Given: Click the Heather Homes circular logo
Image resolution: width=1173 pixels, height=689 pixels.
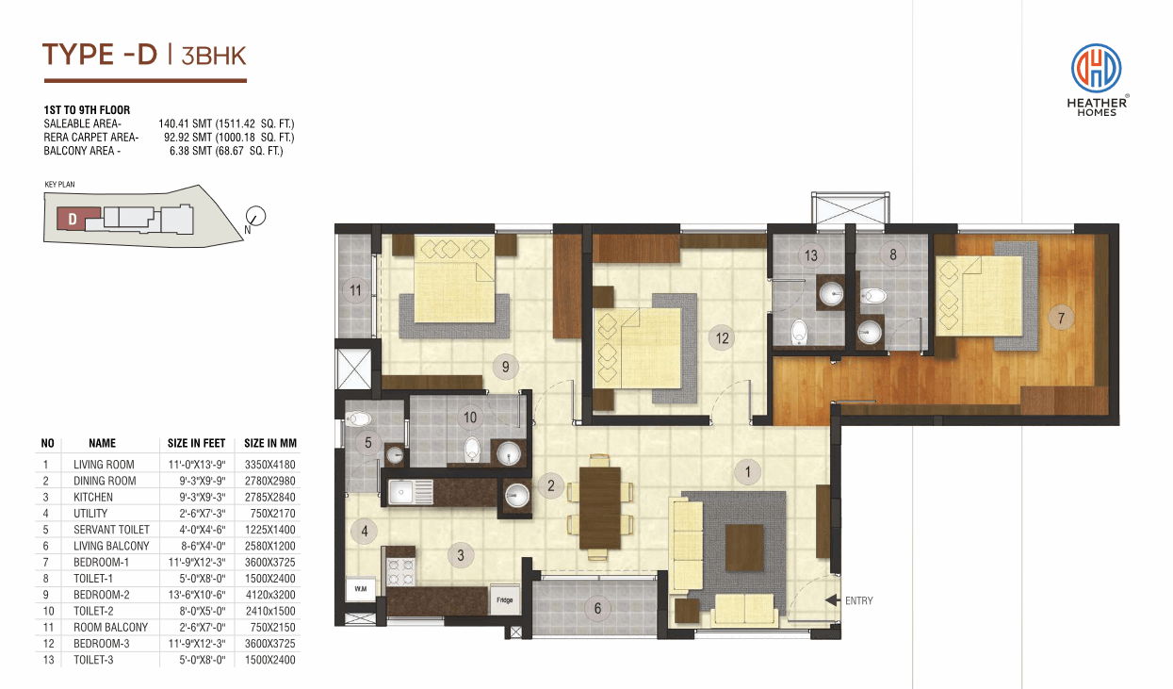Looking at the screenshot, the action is (1096, 68).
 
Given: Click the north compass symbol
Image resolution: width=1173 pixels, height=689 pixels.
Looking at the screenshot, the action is (255, 216).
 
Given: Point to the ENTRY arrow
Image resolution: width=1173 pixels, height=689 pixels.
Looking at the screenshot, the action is (833, 599).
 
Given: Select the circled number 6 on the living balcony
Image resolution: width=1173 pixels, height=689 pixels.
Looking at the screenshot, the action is (597, 608).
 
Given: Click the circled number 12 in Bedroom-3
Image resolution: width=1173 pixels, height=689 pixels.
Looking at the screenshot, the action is (722, 338).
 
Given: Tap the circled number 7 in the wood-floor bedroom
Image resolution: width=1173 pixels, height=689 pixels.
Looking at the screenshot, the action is (1061, 318).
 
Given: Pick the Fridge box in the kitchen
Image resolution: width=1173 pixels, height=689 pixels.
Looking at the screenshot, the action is (505, 599).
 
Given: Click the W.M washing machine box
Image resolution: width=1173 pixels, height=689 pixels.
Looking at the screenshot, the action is (361, 589).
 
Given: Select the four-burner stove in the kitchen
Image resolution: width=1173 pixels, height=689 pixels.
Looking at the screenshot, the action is (400, 571).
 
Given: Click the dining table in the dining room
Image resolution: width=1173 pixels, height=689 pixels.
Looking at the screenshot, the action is (600, 508).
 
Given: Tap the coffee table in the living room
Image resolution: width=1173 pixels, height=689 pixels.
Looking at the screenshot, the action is (744, 548).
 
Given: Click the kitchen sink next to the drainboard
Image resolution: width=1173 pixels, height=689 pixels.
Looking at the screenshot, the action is (401, 493).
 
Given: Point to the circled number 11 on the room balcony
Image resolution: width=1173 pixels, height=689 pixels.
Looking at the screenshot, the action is (355, 290).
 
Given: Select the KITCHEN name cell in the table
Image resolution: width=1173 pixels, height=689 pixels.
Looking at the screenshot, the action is (93, 497).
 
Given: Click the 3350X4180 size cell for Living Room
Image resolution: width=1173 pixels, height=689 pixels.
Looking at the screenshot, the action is (269, 465).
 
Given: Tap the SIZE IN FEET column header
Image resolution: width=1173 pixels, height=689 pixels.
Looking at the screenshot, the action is (196, 443).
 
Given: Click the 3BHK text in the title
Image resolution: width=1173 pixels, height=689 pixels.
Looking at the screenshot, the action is (214, 56).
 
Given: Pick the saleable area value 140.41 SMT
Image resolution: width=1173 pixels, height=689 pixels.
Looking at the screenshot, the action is (185, 123).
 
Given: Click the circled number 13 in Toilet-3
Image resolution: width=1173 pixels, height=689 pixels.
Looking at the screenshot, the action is (810, 255).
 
